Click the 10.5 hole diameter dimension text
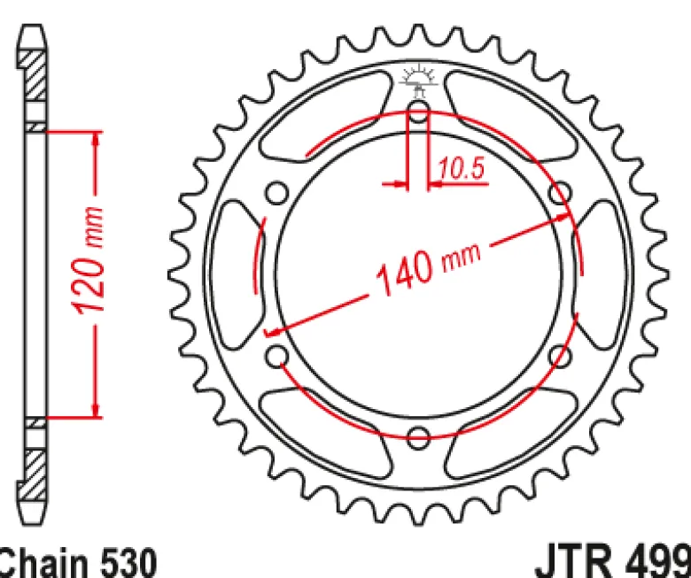click(461, 168)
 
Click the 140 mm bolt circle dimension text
click(429, 268)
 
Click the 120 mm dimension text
click(89, 260)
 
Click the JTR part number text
click(613, 561)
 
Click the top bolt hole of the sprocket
click(418, 111)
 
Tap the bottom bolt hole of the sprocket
click(418, 437)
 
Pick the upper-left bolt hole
click(277, 193)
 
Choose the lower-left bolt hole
click(277, 356)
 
